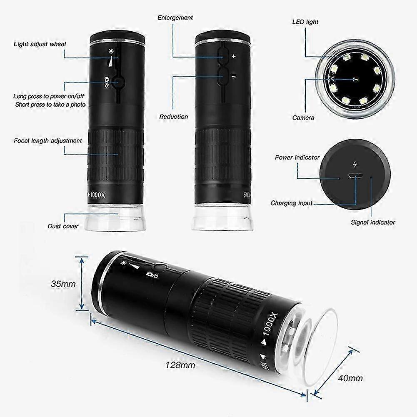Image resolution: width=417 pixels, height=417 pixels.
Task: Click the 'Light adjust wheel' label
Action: tap(40, 44)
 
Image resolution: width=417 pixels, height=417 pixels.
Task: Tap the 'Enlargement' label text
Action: tap(175, 18)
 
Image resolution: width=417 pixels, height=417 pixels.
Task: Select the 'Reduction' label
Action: tap(174, 117)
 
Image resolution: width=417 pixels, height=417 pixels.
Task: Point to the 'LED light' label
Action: tap(305, 22)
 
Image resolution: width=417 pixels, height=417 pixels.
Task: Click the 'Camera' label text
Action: tap(303, 117)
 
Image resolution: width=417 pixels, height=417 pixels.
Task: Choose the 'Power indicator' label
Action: tap(297, 157)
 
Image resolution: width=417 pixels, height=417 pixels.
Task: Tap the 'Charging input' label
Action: tap(292, 203)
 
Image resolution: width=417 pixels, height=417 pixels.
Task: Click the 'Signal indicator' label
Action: tap(373, 222)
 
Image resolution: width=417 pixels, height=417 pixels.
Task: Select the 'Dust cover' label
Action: tap(63, 226)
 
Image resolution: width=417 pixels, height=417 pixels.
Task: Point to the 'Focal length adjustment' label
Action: tap(48, 141)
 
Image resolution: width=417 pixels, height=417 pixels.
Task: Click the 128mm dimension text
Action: tap(180, 365)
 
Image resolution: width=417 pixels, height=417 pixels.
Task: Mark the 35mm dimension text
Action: tap(63, 284)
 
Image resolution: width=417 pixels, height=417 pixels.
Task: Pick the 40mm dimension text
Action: tap(350, 378)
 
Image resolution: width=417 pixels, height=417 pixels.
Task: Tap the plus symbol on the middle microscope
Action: tap(234, 56)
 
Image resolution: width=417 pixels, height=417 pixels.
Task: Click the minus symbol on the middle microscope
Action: tap(234, 77)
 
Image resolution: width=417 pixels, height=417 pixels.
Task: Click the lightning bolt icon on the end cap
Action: tap(355, 165)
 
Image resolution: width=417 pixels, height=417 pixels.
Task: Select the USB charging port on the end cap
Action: tap(355, 176)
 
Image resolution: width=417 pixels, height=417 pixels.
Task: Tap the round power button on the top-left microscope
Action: tap(118, 83)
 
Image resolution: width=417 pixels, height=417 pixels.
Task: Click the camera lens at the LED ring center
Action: tap(355, 79)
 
